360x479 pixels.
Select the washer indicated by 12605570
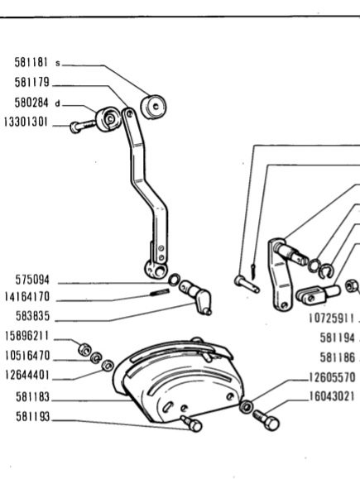click(x=247, y=406)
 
